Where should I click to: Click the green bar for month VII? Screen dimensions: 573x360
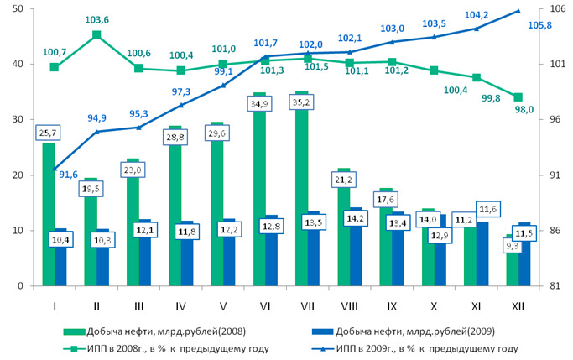tap(301, 189)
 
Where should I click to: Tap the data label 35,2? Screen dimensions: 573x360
tap(301, 102)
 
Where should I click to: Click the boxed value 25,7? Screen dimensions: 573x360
tap(48, 133)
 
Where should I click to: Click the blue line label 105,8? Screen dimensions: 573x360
tap(539, 25)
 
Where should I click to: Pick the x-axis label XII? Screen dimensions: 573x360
tap(518, 306)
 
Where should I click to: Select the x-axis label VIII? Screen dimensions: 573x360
tap(349, 306)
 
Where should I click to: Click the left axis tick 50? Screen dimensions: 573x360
tap(18, 8)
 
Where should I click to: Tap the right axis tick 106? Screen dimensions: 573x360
tap(557, 8)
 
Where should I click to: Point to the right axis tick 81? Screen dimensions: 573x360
tap(555, 285)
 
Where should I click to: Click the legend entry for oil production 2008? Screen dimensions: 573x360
tap(154, 331)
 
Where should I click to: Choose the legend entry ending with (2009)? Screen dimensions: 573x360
tap(404, 331)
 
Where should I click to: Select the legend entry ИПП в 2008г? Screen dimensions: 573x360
tap(166, 348)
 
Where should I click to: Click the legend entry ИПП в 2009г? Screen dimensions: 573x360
tap(415, 348)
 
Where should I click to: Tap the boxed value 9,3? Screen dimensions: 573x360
tap(513, 246)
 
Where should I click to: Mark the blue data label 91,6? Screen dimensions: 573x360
tap(68, 175)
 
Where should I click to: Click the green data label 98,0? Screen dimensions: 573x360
tap(524, 109)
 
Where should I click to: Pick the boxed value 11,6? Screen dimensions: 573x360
tap(488, 210)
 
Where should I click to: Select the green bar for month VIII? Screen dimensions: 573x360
tap(344, 227)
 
